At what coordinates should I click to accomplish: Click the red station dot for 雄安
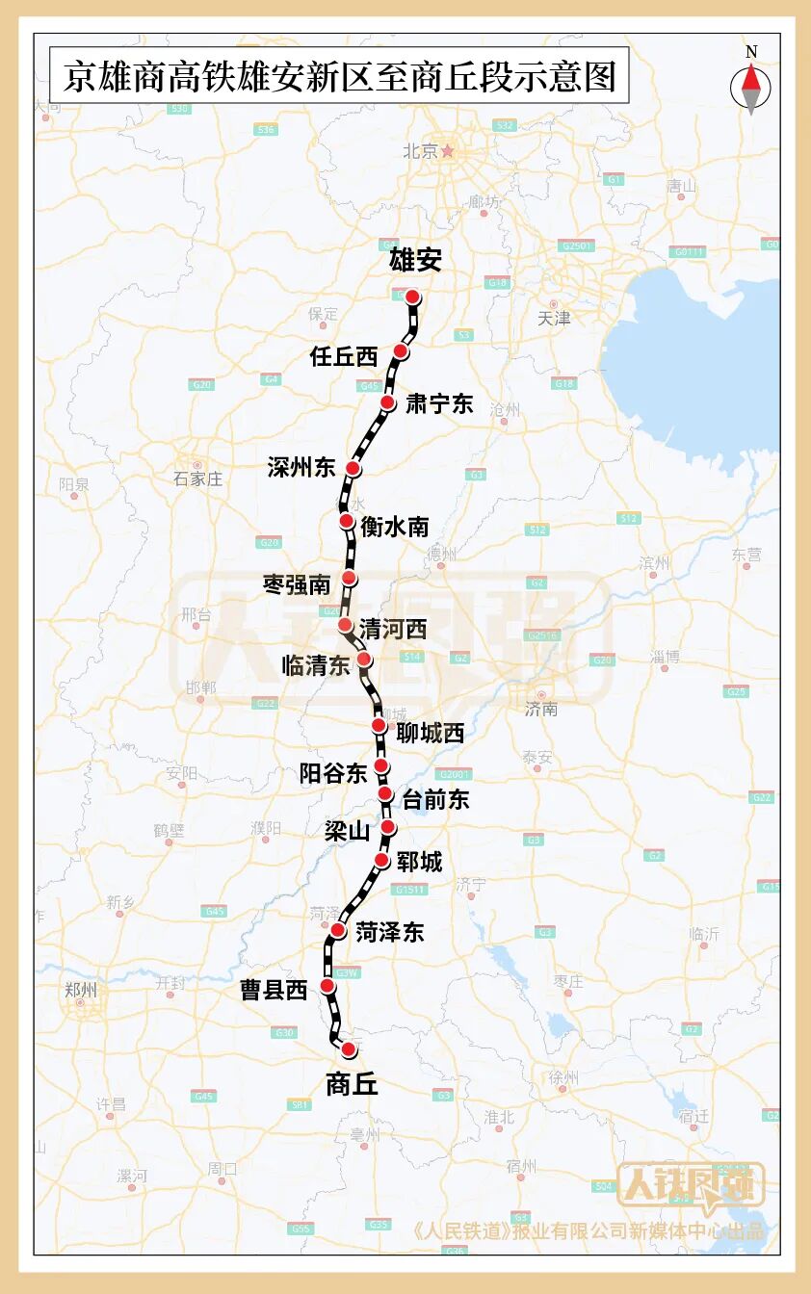(412, 297)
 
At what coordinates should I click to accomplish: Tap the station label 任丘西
(344, 356)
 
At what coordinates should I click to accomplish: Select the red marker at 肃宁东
(387, 402)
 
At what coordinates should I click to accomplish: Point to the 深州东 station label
(301, 468)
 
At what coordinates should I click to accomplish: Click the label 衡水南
(395, 527)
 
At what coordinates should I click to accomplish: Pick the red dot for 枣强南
(350, 578)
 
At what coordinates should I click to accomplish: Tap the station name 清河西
(392, 630)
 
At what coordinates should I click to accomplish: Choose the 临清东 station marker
(364, 660)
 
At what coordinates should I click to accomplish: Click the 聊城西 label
(431, 733)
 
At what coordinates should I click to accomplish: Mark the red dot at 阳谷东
(381, 767)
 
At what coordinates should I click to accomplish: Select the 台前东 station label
(435, 798)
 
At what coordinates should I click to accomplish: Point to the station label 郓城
(419, 862)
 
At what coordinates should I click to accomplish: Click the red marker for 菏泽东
(339, 930)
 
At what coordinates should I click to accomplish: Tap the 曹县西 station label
(274, 990)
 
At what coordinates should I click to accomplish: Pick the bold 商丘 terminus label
(352, 1085)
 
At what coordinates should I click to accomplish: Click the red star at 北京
(447, 150)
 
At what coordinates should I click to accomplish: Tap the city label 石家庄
(197, 479)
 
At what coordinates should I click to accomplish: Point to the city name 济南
(541, 710)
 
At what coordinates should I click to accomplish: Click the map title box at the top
(339, 76)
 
